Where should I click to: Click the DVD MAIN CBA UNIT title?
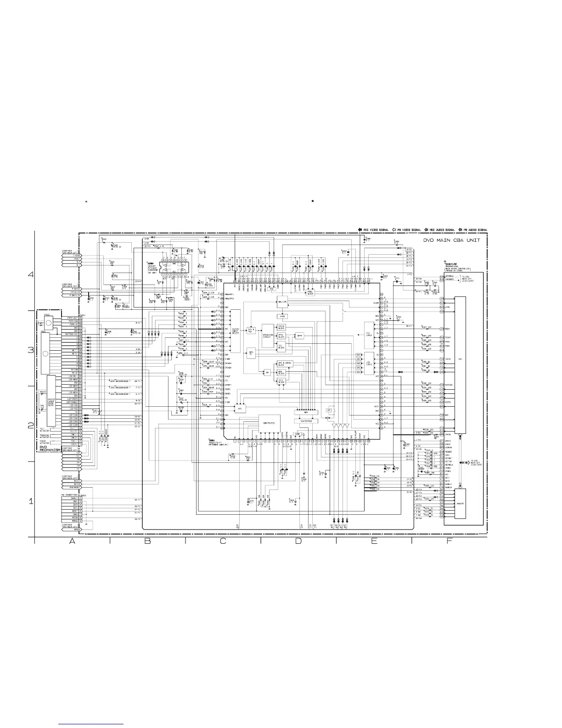tap(452, 240)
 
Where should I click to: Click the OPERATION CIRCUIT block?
tap(267, 336)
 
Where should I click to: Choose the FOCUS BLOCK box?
tap(281, 327)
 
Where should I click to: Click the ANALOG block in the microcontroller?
tap(460, 504)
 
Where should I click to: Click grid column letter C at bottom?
tap(223, 541)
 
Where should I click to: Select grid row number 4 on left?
tap(31, 275)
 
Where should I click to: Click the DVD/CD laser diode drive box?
tap(51, 399)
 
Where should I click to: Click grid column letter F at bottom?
tap(450, 541)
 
